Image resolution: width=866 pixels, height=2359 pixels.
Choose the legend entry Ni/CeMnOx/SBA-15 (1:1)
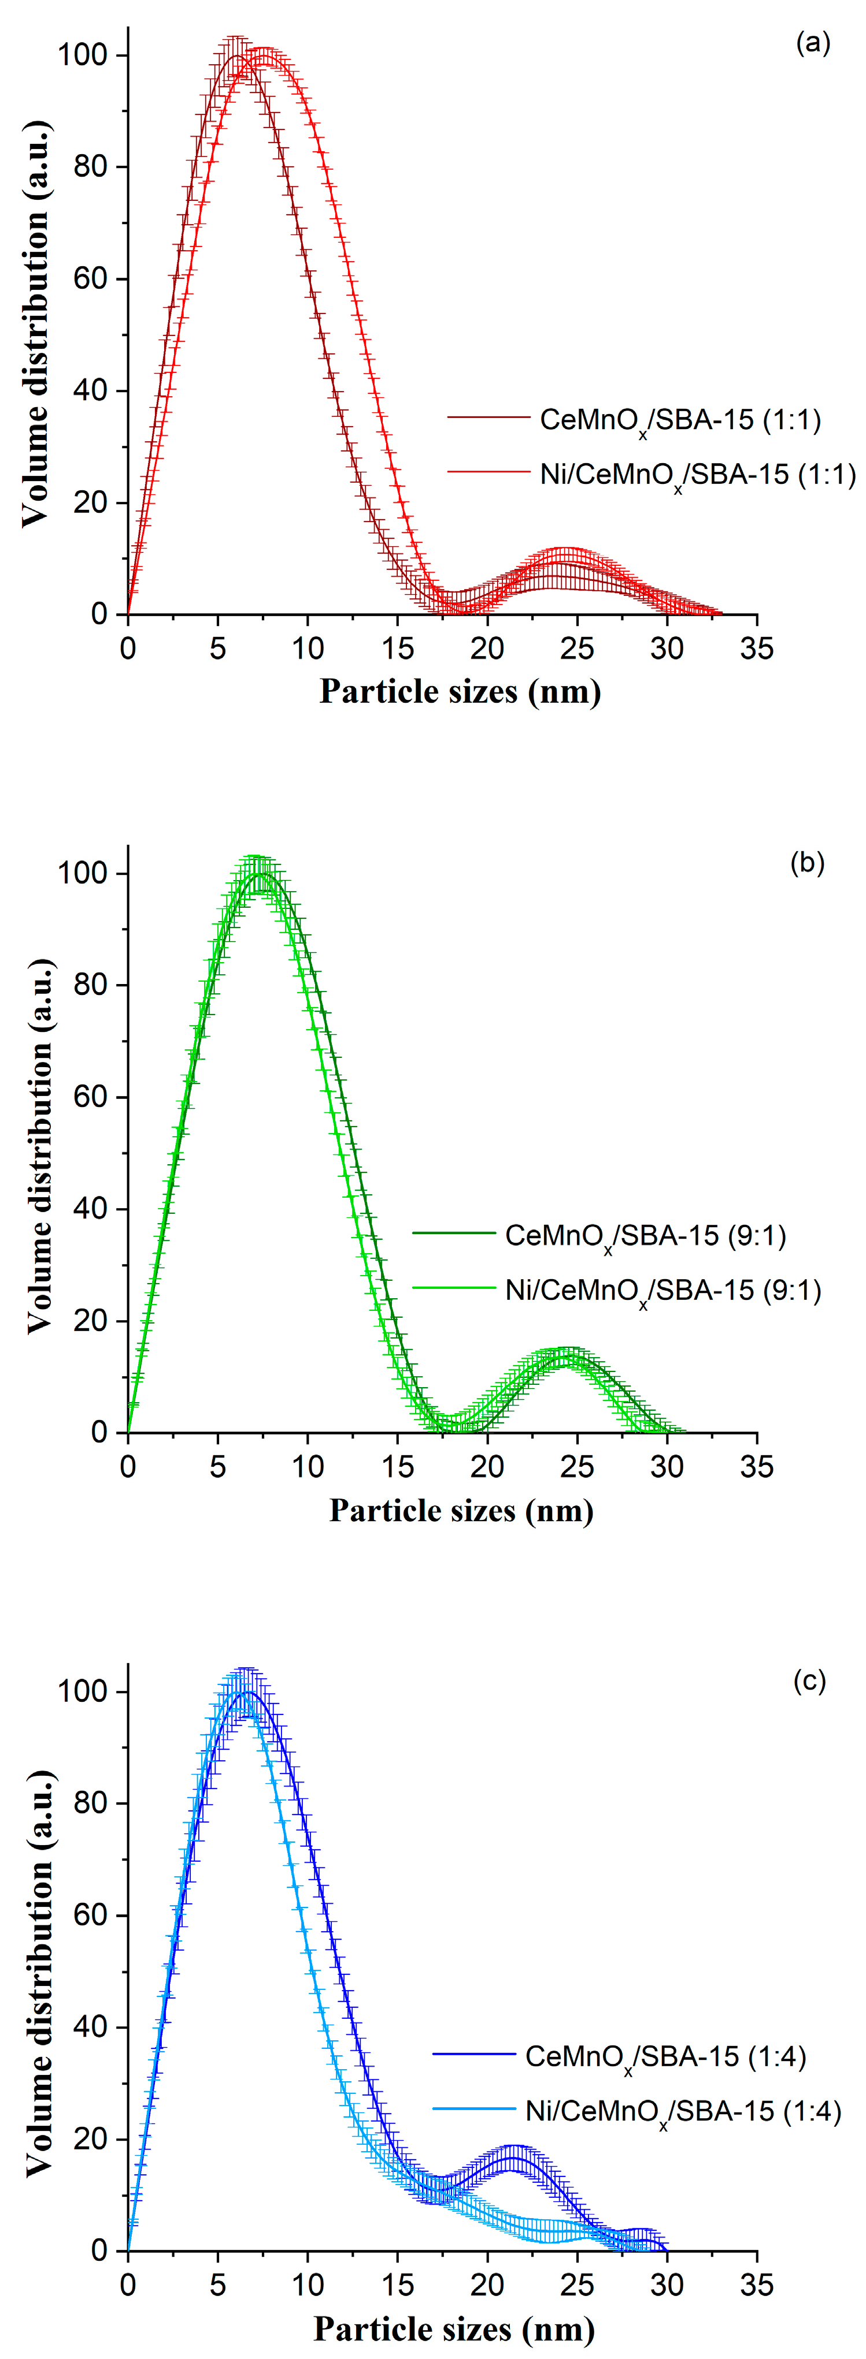pyautogui.click(x=697, y=474)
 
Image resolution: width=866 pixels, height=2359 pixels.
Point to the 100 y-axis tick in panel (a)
pyautogui.click(x=83, y=55)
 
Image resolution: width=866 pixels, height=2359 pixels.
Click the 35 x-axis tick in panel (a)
pyautogui.click(x=757, y=649)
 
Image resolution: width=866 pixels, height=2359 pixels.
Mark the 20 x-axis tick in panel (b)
pyautogui.click(x=487, y=1467)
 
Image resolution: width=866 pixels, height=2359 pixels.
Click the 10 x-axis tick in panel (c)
pyautogui.click(x=308, y=2285)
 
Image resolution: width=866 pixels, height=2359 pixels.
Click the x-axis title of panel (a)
pyautogui.click(x=460, y=691)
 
